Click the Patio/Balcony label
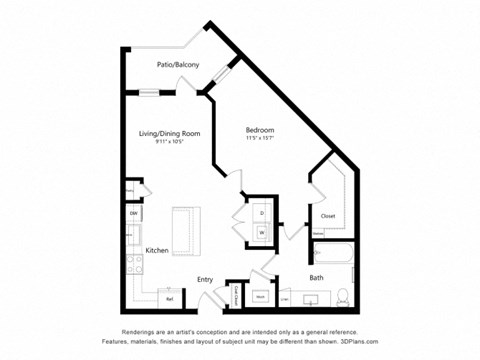coord(177,65)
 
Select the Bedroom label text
coord(261,130)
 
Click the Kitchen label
coord(156,250)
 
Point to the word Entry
coord(205,279)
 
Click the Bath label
coord(316,277)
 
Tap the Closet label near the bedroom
coord(327,216)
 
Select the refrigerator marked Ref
coord(169,298)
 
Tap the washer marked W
coord(262,232)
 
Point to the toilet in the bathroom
coord(343,295)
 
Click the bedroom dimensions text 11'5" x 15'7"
coord(261,140)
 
